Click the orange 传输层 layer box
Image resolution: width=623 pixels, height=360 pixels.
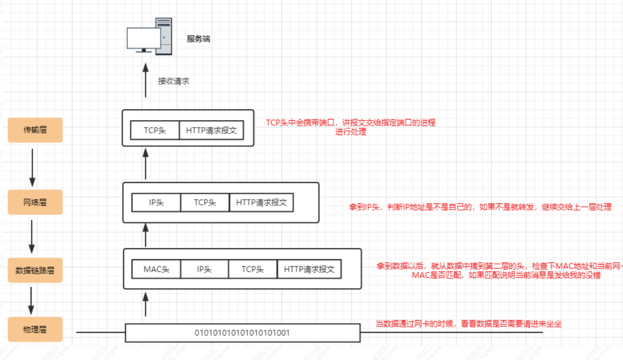click(35, 130)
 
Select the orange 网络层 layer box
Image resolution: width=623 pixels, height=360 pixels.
click(35, 202)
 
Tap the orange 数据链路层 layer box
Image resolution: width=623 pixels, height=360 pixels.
click(35, 270)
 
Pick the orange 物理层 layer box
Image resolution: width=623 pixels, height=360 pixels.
click(35, 329)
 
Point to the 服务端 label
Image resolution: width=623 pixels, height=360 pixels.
click(198, 39)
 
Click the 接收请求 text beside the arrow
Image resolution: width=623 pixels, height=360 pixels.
click(173, 82)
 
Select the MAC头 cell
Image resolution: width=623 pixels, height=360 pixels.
click(156, 269)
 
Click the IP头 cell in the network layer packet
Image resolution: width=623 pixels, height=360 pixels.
click(156, 202)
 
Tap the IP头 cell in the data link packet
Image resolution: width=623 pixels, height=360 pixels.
click(204, 269)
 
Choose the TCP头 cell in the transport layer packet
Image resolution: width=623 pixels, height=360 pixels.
click(155, 130)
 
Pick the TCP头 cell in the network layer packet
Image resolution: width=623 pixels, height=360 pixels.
click(205, 202)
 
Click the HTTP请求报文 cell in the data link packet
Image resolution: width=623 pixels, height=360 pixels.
click(309, 269)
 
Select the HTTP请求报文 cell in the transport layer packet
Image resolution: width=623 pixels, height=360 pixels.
click(211, 130)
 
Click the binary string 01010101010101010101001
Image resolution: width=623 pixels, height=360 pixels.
click(242, 333)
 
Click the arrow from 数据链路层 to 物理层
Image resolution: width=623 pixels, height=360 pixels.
click(32, 301)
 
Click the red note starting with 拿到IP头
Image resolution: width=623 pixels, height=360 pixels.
click(480, 207)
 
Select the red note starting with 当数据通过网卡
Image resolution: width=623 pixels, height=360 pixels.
click(468, 324)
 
